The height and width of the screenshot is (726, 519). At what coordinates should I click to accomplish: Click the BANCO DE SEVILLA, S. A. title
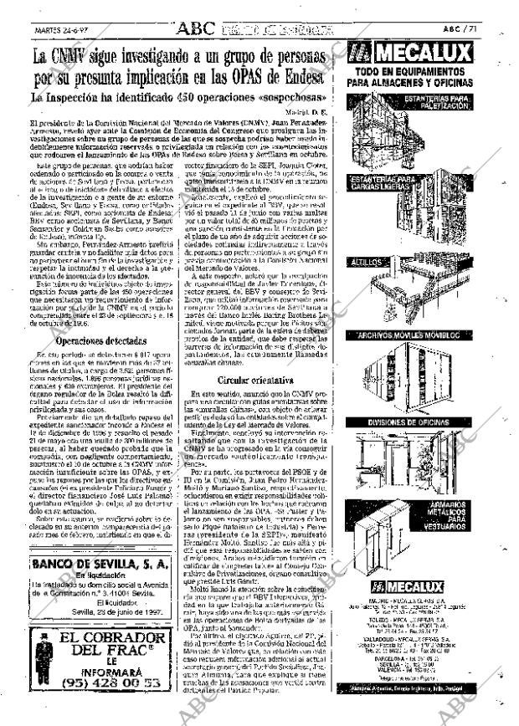[100, 565]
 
